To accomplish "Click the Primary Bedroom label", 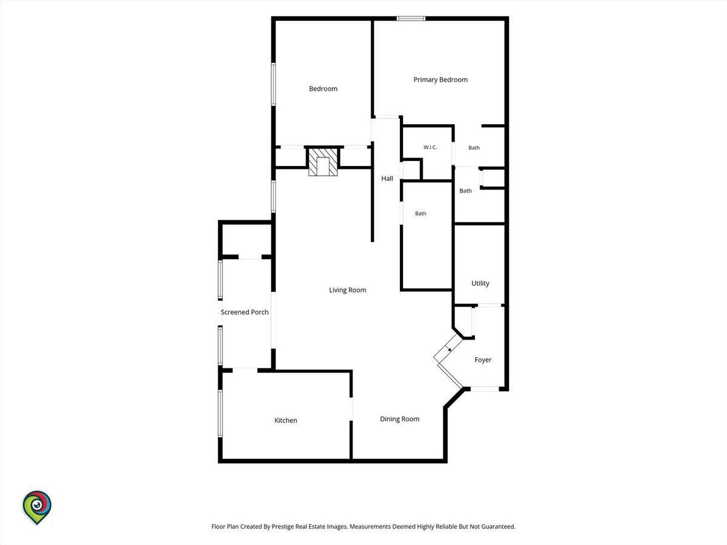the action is point(440,80).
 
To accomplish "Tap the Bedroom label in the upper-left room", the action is point(323,88).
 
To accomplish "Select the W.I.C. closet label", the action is point(430,147).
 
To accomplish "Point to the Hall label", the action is point(387,179).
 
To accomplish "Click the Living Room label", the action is point(347,290).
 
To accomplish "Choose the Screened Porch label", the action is point(244,312).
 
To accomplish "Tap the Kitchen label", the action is point(285,420).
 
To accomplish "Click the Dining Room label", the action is point(399,419).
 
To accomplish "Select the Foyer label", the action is point(483,360).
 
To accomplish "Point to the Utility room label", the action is point(480,283).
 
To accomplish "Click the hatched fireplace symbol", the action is point(323,162).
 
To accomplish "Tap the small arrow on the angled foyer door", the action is point(449,348).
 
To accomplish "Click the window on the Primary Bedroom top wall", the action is point(411,19).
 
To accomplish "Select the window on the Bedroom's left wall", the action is point(273,84).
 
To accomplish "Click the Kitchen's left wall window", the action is point(220,414).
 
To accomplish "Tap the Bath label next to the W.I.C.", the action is point(474,148).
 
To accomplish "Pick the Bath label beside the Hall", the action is point(420,214).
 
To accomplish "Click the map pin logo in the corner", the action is point(37,507).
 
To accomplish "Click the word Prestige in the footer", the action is point(283,526).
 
